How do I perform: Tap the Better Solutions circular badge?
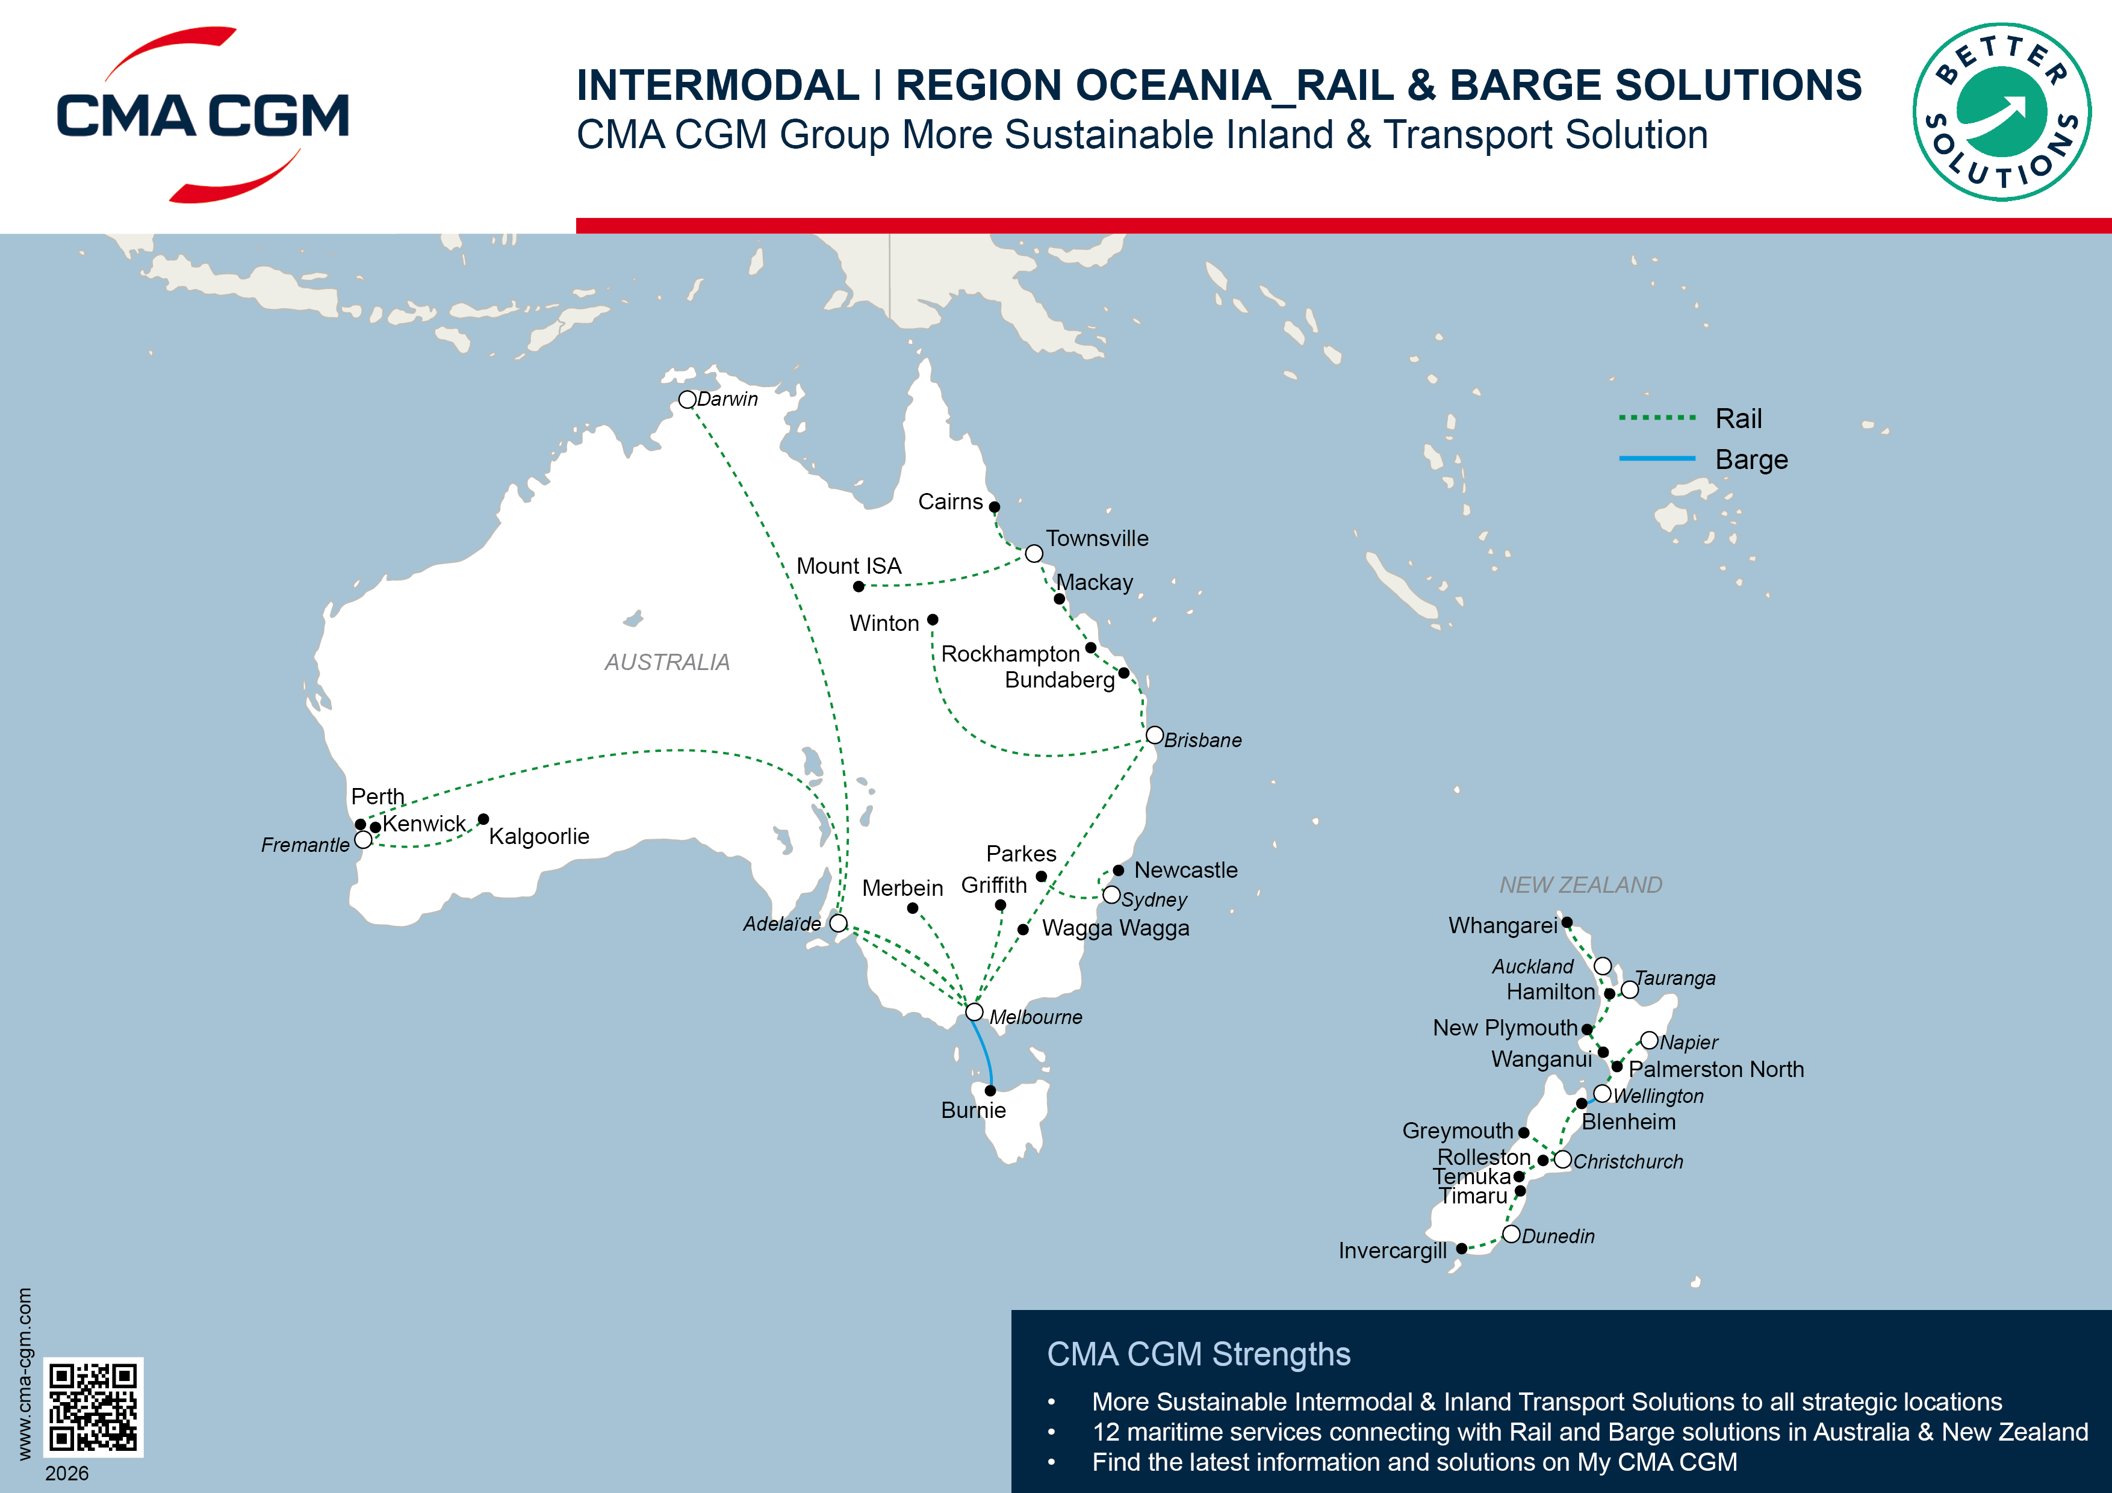[2002, 112]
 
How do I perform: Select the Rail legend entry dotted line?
[1657, 418]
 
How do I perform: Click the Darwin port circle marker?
[687, 399]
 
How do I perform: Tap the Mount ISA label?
[848, 566]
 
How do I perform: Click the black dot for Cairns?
[995, 507]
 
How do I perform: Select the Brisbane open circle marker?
[1154, 735]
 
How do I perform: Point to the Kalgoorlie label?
[539, 836]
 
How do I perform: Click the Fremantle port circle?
[364, 840]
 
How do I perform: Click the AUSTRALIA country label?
[667, 662]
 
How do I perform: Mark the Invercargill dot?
[1462, 1249]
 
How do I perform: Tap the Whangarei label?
[1502, 925]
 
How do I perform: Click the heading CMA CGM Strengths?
[1199, 1354]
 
